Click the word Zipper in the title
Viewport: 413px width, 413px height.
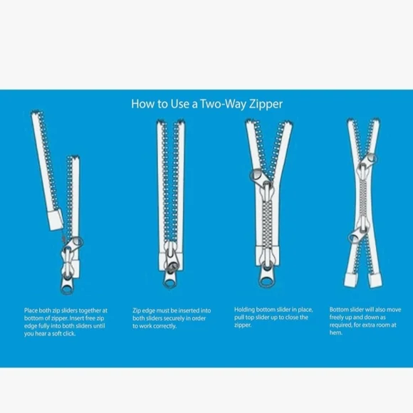pos(266,104)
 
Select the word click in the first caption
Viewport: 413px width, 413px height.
pos(69,333)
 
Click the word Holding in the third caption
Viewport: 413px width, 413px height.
pos(244,310)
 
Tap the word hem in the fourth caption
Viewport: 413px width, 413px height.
pos(336,333)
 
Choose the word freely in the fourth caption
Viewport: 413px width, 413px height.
pos(337,318)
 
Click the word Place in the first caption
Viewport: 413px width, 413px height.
pos(31,310)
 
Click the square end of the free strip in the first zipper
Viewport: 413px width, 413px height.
pos(56,220)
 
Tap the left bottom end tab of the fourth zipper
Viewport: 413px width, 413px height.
pos(351,280)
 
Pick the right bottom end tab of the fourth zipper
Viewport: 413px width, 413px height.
pos(375,281)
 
